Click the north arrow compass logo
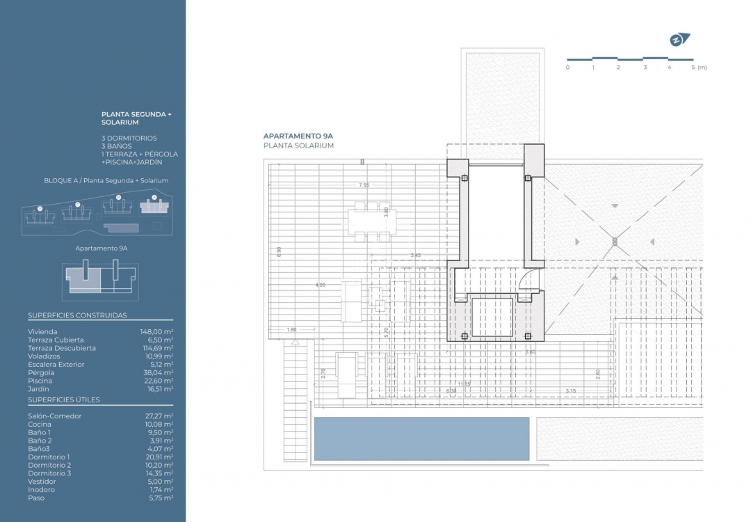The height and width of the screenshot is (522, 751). pyautogui.click(x=679, y=40)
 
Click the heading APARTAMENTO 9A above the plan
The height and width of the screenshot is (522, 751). pyautogui.click(x=298, y=136)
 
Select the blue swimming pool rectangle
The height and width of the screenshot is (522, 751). pyautogui.click(x=421, y=438)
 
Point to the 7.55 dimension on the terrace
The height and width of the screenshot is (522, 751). pyautogui.click(x=364, y=185)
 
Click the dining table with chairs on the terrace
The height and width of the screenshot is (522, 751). pyautogui.click(x=370, y=221)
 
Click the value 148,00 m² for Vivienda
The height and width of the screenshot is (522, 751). pyautogui.click(x=156, y=332)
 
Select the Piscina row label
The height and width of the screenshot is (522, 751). pyautogui.click(x=40, y=381)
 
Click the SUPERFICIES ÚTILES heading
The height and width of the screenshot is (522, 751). pyautogui.click(x=64, y=400)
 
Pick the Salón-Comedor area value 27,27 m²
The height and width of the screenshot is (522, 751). pyautogui.click(x=159, y=416)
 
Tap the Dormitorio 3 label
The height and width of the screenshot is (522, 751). pyautogui.click(x=49, y=473)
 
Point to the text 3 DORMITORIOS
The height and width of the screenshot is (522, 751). pyautogui.click(x=129, y=139)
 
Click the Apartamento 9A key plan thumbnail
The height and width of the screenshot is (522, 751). pyautogui.click(x=101, y=280)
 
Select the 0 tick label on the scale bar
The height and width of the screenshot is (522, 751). pyautogui.click(x=567, y=68)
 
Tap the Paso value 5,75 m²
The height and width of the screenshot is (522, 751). pyautogui.click(x=161, y=498)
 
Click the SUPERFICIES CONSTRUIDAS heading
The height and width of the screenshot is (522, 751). pyautogui.click(x=77, y=315)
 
